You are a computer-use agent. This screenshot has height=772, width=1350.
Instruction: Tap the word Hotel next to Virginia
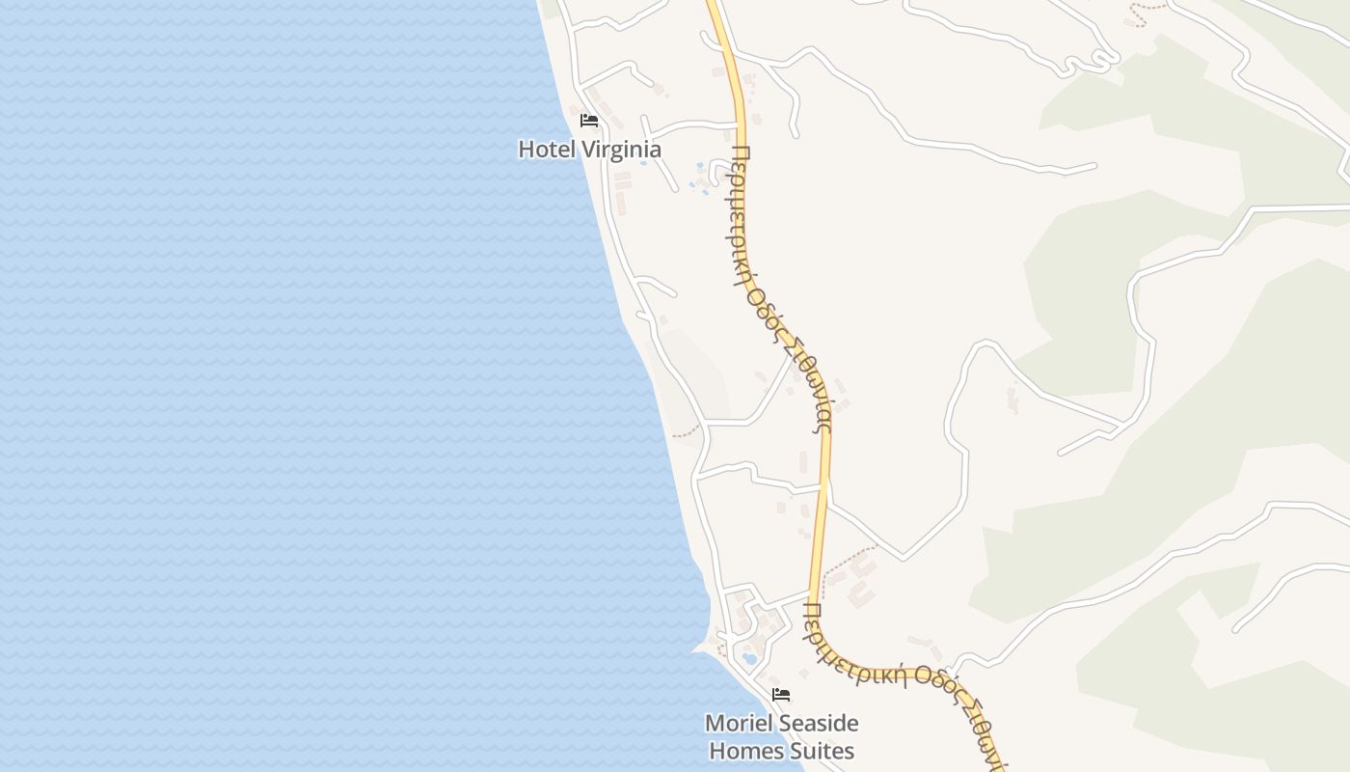[x=546, y=150]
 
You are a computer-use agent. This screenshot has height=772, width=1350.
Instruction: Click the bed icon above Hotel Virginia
[x=589, y=121]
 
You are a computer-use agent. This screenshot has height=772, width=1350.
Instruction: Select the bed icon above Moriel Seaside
[x=781, y=694]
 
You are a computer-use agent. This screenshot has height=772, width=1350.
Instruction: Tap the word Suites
[x=822, y=750]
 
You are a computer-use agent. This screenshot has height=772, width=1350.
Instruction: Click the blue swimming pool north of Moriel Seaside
[x=749, y=660]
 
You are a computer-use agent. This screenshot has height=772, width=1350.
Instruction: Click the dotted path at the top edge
[x=1147, y=12]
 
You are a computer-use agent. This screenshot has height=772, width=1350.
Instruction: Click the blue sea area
[x=289, y=386]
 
